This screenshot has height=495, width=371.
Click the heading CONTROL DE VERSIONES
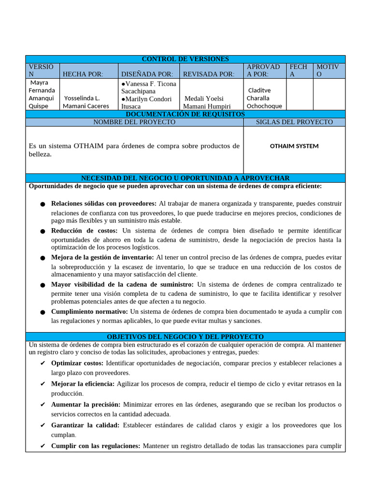tap(185, 59)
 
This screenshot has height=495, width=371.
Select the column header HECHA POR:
tap(83, 74)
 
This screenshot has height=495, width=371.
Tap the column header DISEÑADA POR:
tap(147, 74)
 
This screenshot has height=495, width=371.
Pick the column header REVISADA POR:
tap(209, 74)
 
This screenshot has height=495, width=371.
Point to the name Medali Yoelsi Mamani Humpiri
tap(208, 102)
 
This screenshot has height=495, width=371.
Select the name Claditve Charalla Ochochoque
tap(264, 98)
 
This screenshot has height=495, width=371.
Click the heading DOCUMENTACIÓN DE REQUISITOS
tap(185, 114)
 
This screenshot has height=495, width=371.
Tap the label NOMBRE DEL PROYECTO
tap(134, 122)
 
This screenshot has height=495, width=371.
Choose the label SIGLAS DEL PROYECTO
tap(294, 122)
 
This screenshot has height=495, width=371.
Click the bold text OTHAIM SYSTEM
tap(294, 146)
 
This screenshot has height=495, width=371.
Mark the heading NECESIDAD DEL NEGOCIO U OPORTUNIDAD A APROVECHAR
tap(185, 178)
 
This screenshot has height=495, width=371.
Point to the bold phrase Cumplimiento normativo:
tap(89, 311)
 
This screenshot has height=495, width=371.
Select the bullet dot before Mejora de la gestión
tap(43, 259)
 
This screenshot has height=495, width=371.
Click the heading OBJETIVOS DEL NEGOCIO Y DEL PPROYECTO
tap(185, 336)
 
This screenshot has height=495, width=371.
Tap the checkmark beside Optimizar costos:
tap(43, 363)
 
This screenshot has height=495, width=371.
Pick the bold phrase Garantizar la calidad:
tap(85, 425)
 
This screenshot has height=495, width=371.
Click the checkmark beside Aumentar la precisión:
tap(43, 405)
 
